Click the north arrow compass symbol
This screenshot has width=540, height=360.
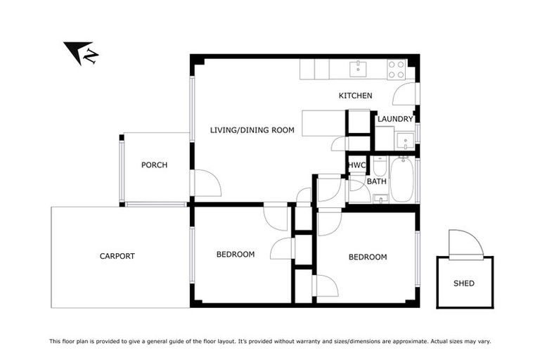click(80, 53)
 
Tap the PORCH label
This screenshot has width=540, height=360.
click(154, 165)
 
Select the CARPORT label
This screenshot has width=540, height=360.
click(117, 256)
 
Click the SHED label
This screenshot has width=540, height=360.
click(464, 283)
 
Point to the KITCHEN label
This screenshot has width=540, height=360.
click(355, 96)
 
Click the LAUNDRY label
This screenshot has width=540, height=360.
click(394, 119)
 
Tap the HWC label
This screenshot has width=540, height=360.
click(357, 165)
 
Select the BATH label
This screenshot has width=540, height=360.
click(377, 181)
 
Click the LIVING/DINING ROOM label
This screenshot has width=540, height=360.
click(252, 129)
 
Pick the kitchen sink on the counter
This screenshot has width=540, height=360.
click(359, 68)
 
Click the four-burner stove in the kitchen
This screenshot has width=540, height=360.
click(397, 69)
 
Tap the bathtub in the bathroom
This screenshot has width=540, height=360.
click(402, 180)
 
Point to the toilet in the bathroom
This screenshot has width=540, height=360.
click(380, 166)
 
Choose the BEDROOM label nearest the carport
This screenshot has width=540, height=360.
click(235, 254)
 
